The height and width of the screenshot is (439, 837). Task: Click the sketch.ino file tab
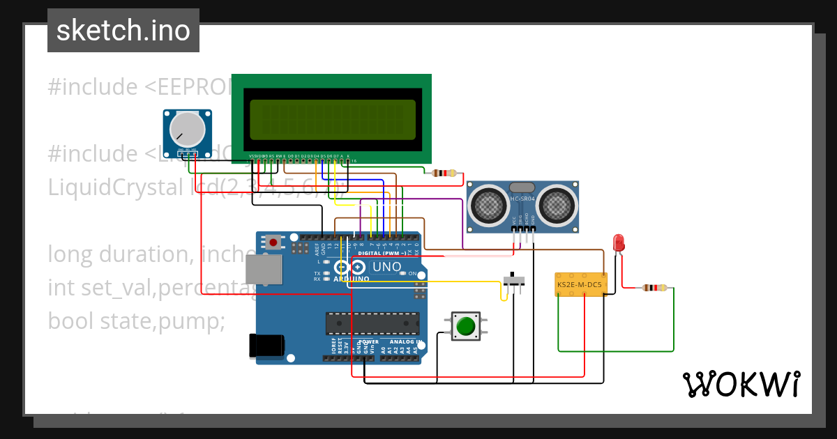tap(123, 31)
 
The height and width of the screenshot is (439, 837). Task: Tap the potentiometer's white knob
tap(187, 128)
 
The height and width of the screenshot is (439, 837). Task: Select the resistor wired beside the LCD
tap(444, 174)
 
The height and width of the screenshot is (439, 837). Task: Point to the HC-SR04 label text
tap(522, 199)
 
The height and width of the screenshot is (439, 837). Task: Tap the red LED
tap(618, 242)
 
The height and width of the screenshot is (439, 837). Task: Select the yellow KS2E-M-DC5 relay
tap(579, 284)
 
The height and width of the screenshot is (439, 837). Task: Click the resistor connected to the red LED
tap(654, 288)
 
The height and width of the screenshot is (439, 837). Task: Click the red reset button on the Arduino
tap(273, 242)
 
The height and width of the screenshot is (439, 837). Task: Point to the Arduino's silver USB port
tap(264, 269)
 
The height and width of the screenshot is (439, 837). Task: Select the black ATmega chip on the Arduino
tap(372, 323)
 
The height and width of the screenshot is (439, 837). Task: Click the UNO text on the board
tap(386, 267)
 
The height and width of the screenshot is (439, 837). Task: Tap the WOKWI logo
tap(741, 384)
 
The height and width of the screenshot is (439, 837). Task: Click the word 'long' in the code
tap(70, 254)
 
